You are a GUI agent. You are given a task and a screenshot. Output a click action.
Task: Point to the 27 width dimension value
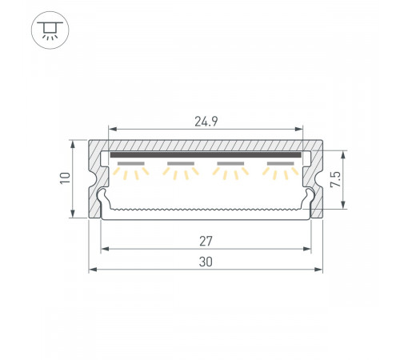[x=206, y=239]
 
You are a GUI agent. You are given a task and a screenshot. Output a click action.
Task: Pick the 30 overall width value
[x=206, y=261]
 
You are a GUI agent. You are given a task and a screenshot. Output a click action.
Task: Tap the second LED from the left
[x=182, y=167]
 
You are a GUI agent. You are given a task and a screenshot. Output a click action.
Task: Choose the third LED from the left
[x=230, y=167]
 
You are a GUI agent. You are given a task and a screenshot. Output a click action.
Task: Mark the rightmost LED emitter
[x=280, y=167]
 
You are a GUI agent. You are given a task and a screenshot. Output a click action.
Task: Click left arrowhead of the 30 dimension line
[x=91, y=270]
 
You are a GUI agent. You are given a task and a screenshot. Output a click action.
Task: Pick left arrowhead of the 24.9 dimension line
[x=110, y=127]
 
